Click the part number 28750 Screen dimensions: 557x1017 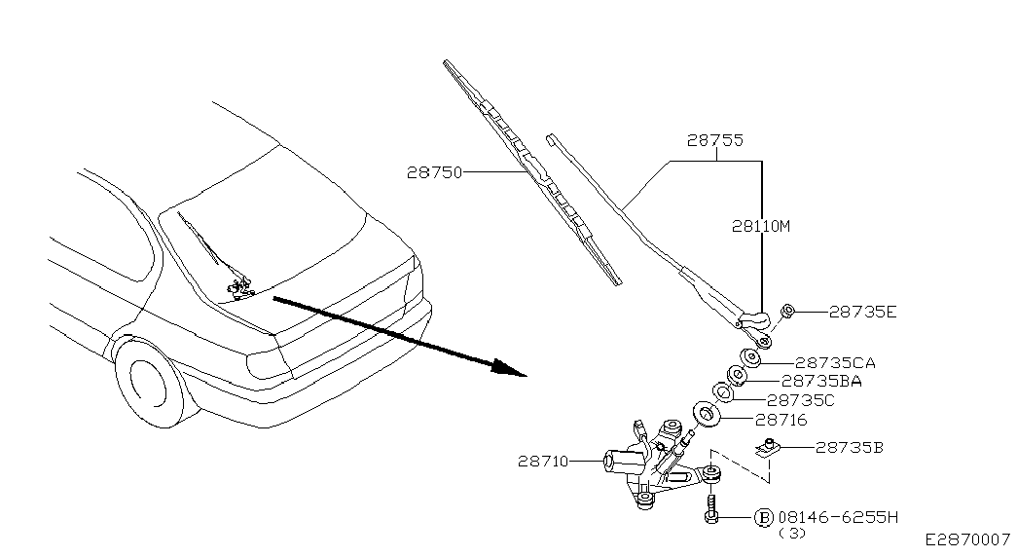434,172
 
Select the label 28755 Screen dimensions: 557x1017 715,141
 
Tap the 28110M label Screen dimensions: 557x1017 761,226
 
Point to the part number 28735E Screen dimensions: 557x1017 862,313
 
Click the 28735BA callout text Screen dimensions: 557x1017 821,381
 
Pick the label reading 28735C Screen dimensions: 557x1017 801,399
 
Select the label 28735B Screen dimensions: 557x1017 849,448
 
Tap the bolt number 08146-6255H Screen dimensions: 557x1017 838,517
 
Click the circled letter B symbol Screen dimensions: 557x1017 764,517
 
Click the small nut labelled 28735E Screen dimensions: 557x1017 789,312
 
